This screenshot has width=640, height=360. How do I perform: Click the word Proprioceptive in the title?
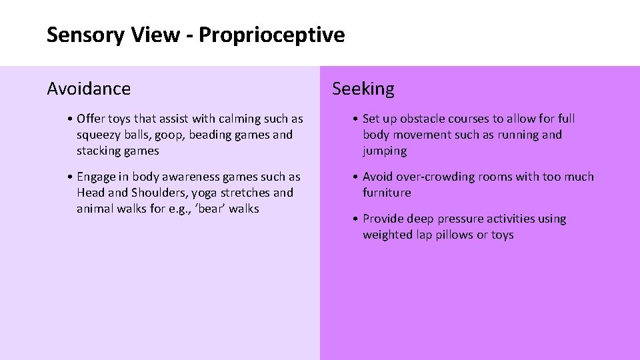click(272, 35)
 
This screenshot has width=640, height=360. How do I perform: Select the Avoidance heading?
click(89, 88)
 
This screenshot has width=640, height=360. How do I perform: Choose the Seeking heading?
click(363, 88)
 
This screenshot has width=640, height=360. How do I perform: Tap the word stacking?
click(99, 151)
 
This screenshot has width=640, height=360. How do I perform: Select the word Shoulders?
click(158, 193)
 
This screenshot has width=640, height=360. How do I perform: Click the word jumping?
click(385, 151)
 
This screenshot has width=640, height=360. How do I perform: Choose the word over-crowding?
click(439, 177)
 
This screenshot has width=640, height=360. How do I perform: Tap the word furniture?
click(387, 193)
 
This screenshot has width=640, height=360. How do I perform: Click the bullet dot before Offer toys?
click(70, 119)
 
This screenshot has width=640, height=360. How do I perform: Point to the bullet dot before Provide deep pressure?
click(356, 219)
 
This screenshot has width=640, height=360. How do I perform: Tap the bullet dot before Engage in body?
click(70, 177)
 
